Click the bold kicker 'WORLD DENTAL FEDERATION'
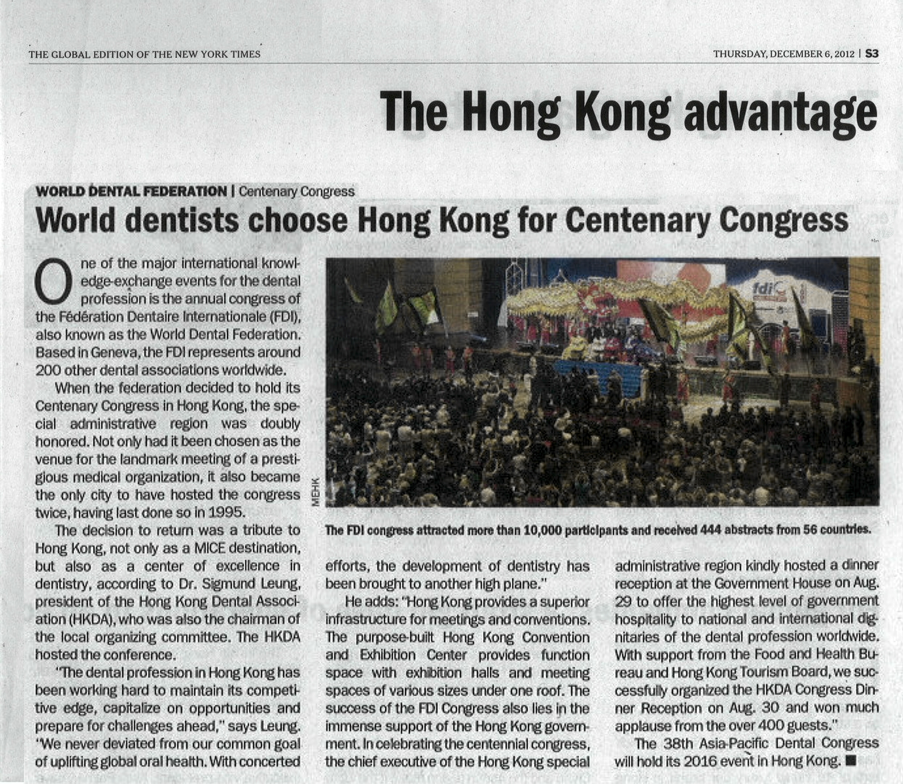pyautogui.click(x=131, y=191)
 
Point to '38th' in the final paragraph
pyautogui.click(x=679, y=743)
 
